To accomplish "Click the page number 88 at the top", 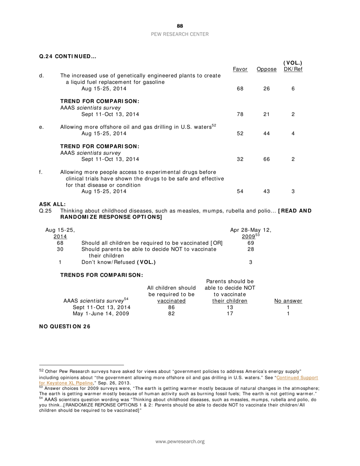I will pyautogui.click(x=180, y=26).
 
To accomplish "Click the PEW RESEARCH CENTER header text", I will pyautogui.click(x=180, y=34).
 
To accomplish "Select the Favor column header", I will pyautogui.click(x=240, y=69).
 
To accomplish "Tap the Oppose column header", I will pyautogui.click(x=266, y=69).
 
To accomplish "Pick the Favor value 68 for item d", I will pyautogui.click(x=240, y=89).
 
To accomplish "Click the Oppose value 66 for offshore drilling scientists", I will pyautogui.click(x=266, y=159).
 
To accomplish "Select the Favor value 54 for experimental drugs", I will pyautogui.click(x=240, y=191).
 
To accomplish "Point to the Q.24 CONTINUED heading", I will pyautogui.click(x=68, y=56).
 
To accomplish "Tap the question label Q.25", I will pyautogui.click(x=45, y=211).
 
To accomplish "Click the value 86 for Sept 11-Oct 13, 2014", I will pyautogui.click(x=171, y=307).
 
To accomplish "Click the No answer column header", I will pyautogui.click(x=288, y=301).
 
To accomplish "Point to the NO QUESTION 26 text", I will pyautogui.click(x=65, y=327).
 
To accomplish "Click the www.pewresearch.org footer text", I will pyautogui.click(x=180, y=442).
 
